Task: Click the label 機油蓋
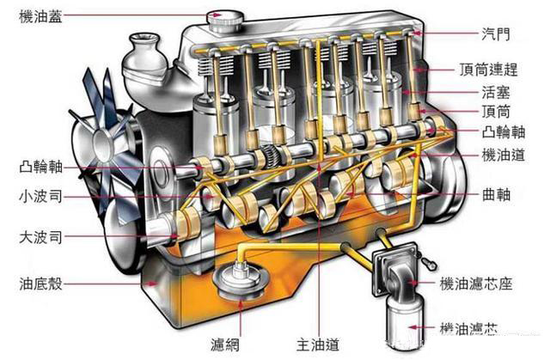pos(40,17)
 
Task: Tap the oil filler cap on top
pos(224,21)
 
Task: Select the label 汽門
pos(496,34)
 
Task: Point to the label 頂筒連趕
pos(489,70)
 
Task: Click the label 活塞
pos(496,93)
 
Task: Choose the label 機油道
pos(504,155)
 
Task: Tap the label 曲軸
pos(496,194)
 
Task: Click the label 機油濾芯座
pos(476,284)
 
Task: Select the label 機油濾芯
pos(469,328)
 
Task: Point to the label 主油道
pos(318,345)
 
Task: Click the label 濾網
pos(225,345)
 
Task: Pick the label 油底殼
pos(40,284)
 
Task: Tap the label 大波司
pos(40,237)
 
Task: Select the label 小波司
pos(40,196)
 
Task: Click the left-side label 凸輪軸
pos(40,168)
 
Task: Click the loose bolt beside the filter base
pos(430,263)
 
